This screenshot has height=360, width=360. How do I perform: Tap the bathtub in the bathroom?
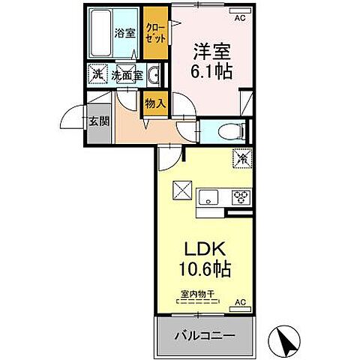(x=100, y=33)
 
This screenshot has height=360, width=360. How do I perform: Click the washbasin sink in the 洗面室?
(x=152, y=76)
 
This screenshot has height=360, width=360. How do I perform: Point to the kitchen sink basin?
(x=208, y=198)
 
